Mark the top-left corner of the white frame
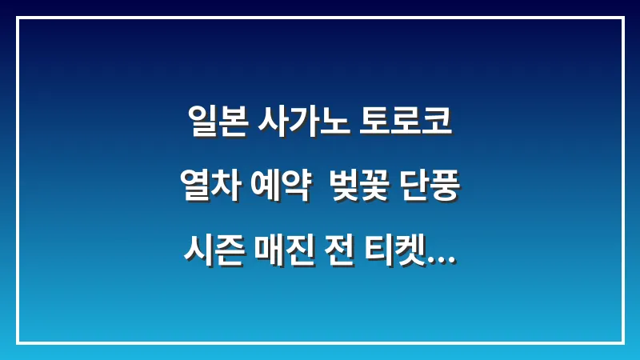click(x=18, y=18)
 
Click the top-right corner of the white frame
click(x=622, y=18)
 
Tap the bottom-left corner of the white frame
click(x=18, y=342)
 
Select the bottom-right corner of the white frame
click(x=622, y=342)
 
